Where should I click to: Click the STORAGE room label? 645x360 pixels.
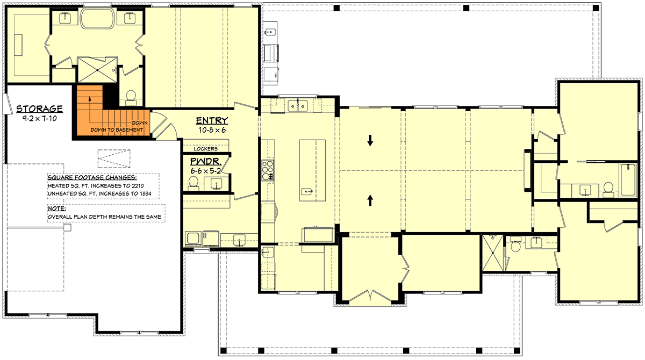pyautogui.click(x=39, y=108)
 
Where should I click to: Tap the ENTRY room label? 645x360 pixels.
pyautogui.click(x=212, y=121)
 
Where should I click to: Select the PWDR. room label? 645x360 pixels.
pyautogui.click(x=205, y=161)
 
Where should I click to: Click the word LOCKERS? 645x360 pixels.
pyautogui.click(x=206, y=149)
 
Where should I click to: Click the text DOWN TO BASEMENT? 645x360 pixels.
pyautogui.click(x=117, y=130)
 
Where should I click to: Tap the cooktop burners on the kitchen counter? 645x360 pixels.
pyautogui.click(x=267, y=169)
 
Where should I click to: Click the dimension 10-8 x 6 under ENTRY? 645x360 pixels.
pyautogui.click(x=212, y=130)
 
